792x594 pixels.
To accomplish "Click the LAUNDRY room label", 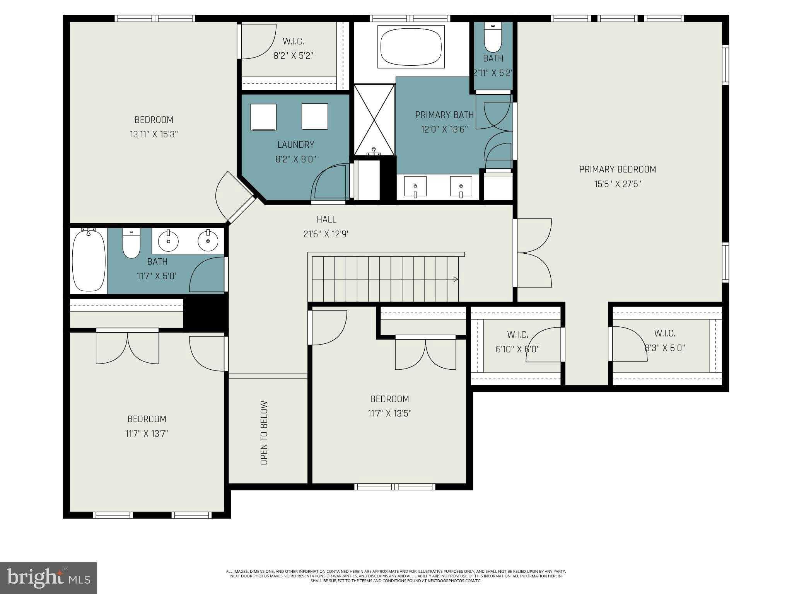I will click(295, 145).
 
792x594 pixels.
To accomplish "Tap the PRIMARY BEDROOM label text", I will click(617, 169).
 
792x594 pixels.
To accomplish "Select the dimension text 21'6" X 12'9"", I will click(326, 234).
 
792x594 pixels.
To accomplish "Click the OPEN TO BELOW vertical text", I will click(264, 432).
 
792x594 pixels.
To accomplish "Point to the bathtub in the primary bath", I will click(411, 46).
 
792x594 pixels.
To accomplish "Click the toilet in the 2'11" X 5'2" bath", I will click(493, 39).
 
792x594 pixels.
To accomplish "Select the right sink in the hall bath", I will click(208, 241).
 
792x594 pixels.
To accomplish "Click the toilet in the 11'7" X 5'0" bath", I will click(131, 244).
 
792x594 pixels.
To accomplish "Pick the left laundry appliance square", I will click(263, 117).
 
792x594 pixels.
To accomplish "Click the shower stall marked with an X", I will click(374, 120).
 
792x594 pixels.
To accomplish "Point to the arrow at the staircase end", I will click(456, 279).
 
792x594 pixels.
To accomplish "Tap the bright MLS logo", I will click(48, 578).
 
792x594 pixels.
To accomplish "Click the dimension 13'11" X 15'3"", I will click(154, 135).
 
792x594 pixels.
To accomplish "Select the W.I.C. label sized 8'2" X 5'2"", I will click(293, 41).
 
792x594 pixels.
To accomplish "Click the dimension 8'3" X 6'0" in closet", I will click(665, 348).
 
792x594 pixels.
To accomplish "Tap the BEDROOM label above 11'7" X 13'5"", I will click(389, 399).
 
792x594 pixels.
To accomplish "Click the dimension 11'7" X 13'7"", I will click(147, 434).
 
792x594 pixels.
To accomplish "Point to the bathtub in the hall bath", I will click(89, 260).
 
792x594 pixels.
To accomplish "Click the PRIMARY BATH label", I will click(444, 115).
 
